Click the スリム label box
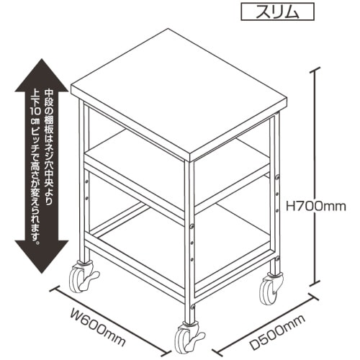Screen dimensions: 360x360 277,12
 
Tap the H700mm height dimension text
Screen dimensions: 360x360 316,207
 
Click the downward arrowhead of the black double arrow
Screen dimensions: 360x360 42,257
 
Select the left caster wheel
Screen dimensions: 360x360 77,279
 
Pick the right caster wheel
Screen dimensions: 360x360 269,292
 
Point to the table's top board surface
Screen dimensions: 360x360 179,92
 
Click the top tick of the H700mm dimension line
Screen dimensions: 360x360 316,71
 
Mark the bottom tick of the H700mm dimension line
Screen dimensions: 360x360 316,284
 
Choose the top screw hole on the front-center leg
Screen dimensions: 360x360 192,225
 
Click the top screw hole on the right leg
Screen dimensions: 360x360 277,177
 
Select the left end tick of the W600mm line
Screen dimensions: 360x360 57,290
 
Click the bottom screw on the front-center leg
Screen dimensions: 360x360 193,307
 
